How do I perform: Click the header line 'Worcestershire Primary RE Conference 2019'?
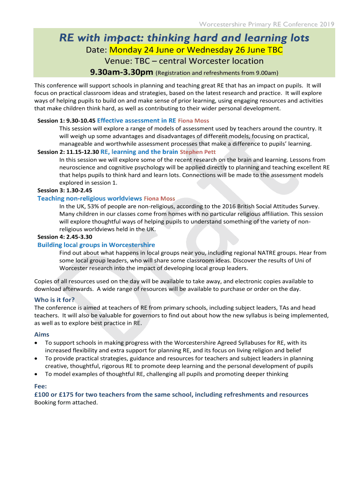[x=267, y=24]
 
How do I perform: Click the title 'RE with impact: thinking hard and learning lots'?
[x=184, y=37]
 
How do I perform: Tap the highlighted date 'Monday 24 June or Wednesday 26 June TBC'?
[x=196, y=50]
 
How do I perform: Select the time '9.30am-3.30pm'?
[x=121, y=72]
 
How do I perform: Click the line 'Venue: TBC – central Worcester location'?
[x=184, y=61]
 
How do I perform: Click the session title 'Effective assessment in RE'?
[x=137, y=121]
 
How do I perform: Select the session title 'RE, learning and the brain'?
[x=139, y=152]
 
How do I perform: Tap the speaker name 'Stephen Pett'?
[x=197, y=152]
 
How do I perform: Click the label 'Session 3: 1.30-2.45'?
[x=65, y=190]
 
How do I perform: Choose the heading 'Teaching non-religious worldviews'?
[x=89, y=198]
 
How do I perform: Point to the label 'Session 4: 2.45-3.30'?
[x=65, y=237]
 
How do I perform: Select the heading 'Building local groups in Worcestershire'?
[x=96, y=245]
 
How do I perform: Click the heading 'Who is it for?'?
[x=54, y=300]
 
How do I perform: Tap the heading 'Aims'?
[x=42, y=334]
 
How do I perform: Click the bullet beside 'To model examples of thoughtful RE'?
[x=36, y=374]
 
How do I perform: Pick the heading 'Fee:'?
[x=41, y=386]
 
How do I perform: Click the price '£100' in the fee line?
[x=43, y=394]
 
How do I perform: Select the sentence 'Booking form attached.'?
[x=66, y=402]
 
